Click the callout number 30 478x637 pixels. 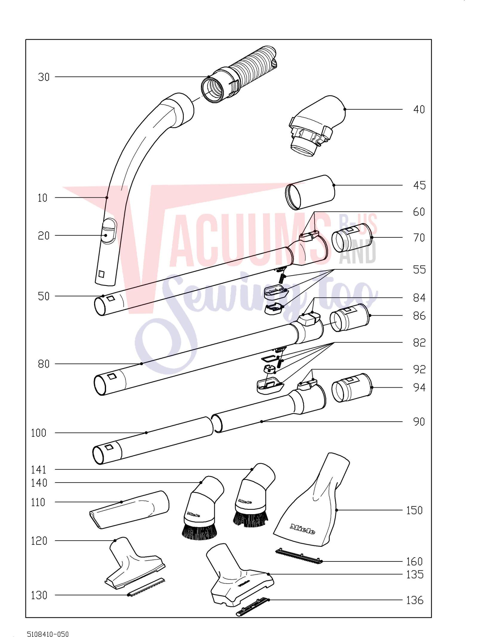pyautogui.click(x=44, y=77)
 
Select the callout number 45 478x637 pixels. pyautogui.click(x=419, y=185)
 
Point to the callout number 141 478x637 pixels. pyautogui.click(x=39, y=470)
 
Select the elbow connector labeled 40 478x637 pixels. pyautogui.click(x=317, y=125)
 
